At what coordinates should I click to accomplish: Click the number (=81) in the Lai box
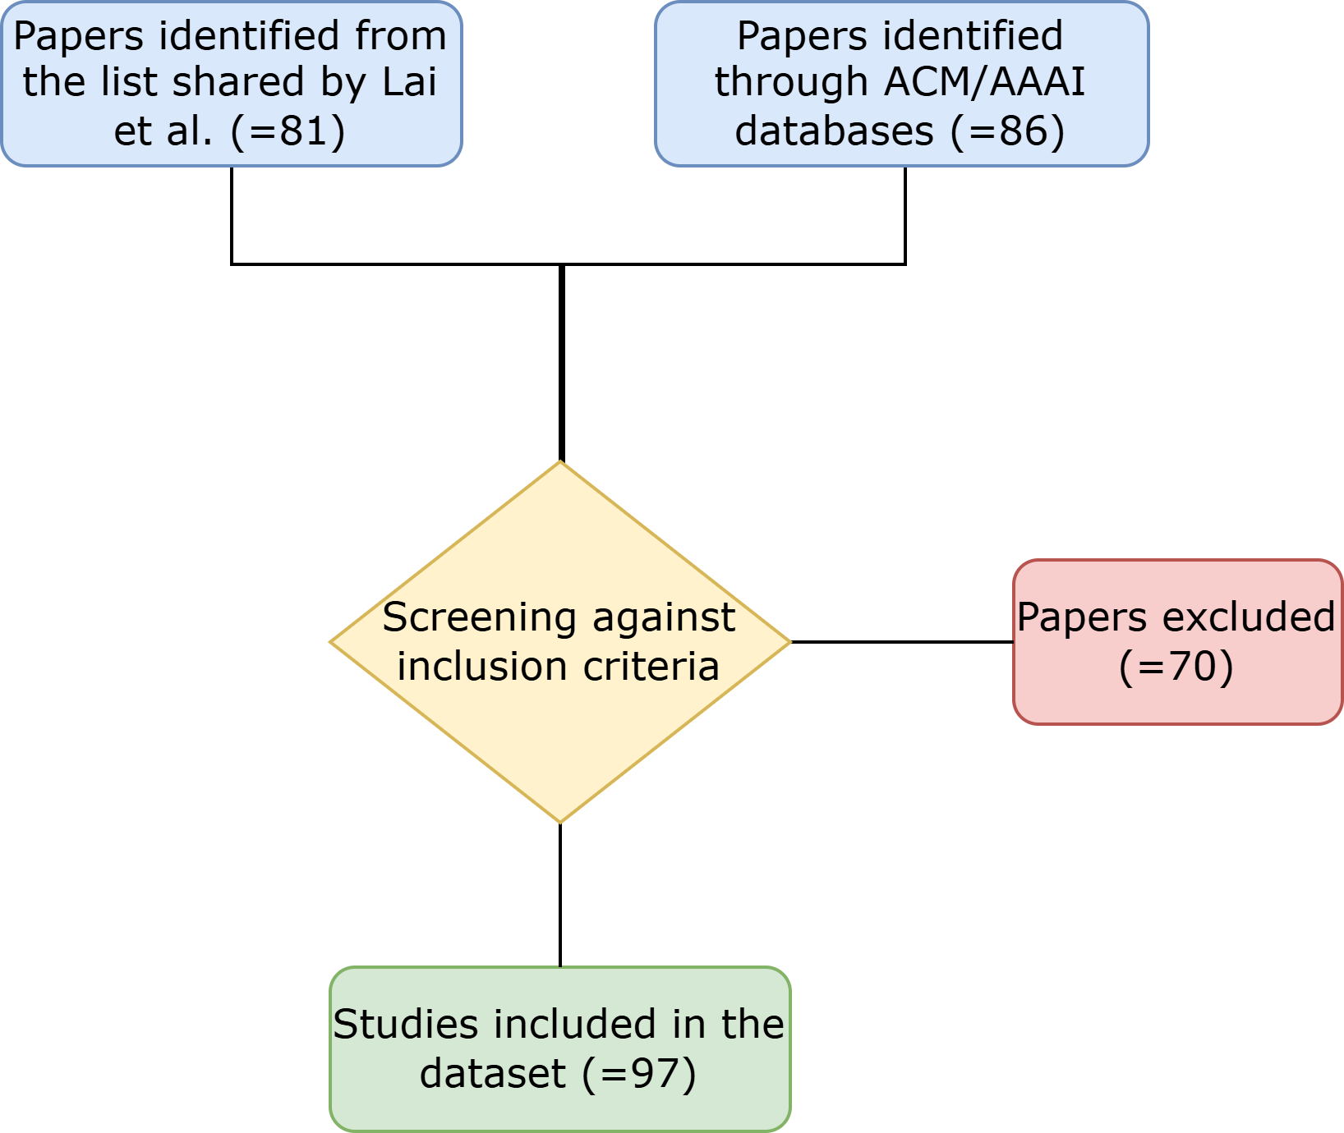288,131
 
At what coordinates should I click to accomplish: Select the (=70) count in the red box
1176,666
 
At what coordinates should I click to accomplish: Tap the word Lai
409,82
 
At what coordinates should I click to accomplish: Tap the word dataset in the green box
493,1073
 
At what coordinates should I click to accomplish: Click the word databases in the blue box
834,131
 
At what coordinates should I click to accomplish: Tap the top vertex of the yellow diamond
560,462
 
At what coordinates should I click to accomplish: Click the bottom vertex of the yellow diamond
560,822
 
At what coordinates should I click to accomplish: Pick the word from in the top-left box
401,36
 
